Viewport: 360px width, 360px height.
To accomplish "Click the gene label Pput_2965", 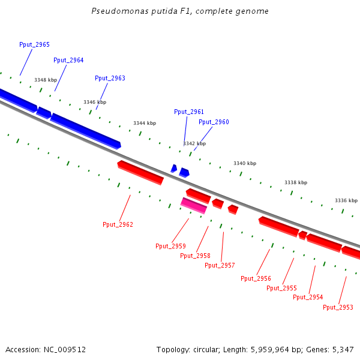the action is tap(34, 45).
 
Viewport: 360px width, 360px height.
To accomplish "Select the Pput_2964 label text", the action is tap(68, 60).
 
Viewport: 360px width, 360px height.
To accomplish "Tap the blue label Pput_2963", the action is tap(110, 79).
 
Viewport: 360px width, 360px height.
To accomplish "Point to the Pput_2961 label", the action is tap(189, 112).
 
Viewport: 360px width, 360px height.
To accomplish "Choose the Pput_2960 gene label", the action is tap(214, 122).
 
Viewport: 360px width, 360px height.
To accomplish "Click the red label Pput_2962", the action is tap(118, 224).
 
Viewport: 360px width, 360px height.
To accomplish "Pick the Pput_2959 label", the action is tap(170, 246).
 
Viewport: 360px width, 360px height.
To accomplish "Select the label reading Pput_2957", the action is tap(220, 265).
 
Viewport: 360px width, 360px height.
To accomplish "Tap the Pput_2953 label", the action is tap(338, 307).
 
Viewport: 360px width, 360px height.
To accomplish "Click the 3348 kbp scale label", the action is tap(46, 80).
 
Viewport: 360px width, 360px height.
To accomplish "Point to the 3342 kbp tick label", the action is tap(194, 143).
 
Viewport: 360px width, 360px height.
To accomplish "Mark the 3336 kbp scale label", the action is tap(346, 200).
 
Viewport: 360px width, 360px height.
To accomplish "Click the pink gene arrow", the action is tap(194, 205).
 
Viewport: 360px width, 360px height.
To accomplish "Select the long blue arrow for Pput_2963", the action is tap(85, 130).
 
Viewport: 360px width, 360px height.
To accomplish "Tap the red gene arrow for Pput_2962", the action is tap(140, 172).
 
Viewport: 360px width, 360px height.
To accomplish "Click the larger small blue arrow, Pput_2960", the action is tap(184, 172).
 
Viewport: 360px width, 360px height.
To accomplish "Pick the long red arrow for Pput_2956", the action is tap(278, 226).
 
